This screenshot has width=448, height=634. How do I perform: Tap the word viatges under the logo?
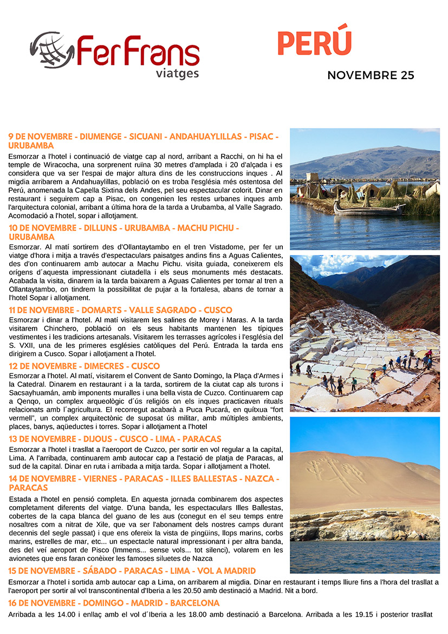177,73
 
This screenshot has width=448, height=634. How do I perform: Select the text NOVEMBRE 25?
371,75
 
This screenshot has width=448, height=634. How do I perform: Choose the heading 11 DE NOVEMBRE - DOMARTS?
120,310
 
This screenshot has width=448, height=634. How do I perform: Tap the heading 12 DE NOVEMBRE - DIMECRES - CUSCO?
92,366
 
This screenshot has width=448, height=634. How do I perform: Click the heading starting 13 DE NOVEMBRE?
115,439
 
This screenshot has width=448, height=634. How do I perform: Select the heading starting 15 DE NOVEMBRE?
132,571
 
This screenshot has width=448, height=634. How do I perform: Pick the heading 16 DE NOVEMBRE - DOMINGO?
114,603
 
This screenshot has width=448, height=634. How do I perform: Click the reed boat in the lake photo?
368,209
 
